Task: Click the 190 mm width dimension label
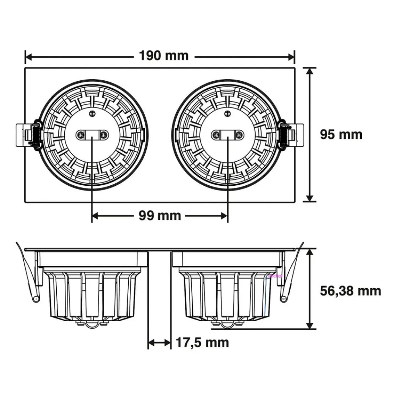click(x=164, y=55)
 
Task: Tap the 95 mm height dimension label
click(x=341, y=134)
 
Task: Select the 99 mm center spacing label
click(x=160, y=216)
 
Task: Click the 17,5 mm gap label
click(x=202, y=343)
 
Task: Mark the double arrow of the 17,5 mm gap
click(x=160, y=343)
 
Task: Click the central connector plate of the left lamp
click(x=92, y=134)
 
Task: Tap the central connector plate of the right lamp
click(x=228, y=134)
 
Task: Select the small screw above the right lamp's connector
click(x=228, y=114)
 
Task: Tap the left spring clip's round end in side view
click(x=36, y=299)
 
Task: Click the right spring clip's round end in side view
click(x=284, y=298)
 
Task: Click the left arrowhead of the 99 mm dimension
click(x=95, y=216)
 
